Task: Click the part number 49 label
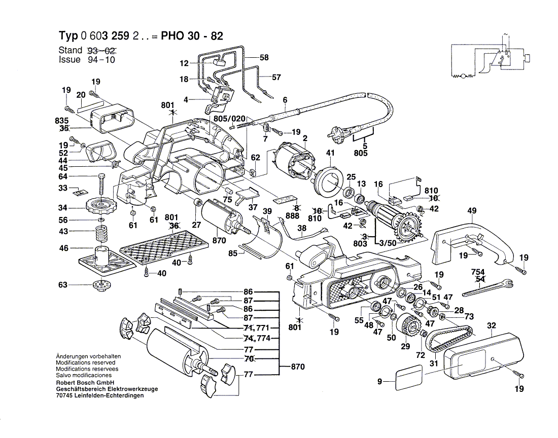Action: (x=472, y=211)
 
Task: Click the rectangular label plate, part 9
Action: (x=409, y=378)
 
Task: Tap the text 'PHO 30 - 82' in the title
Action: (x=191, y=36)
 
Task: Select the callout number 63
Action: (x=63, y=285)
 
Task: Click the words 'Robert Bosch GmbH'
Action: (x=85, y=383)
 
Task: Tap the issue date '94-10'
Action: (x=100, y=60)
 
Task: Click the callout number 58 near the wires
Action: (x=264, y=57)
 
